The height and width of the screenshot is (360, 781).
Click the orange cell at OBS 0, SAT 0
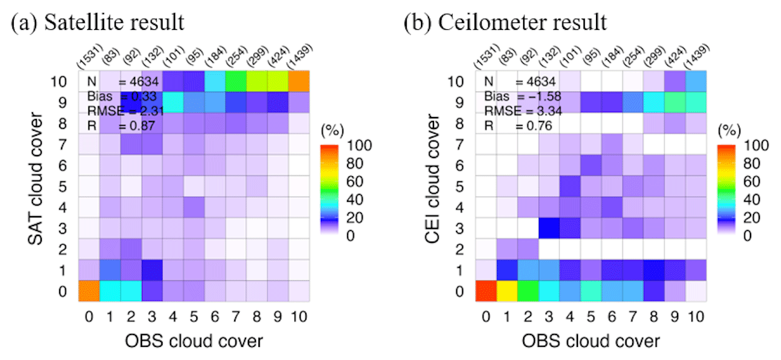point(89,290)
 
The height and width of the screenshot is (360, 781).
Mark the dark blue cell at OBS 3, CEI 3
point(550,227)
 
